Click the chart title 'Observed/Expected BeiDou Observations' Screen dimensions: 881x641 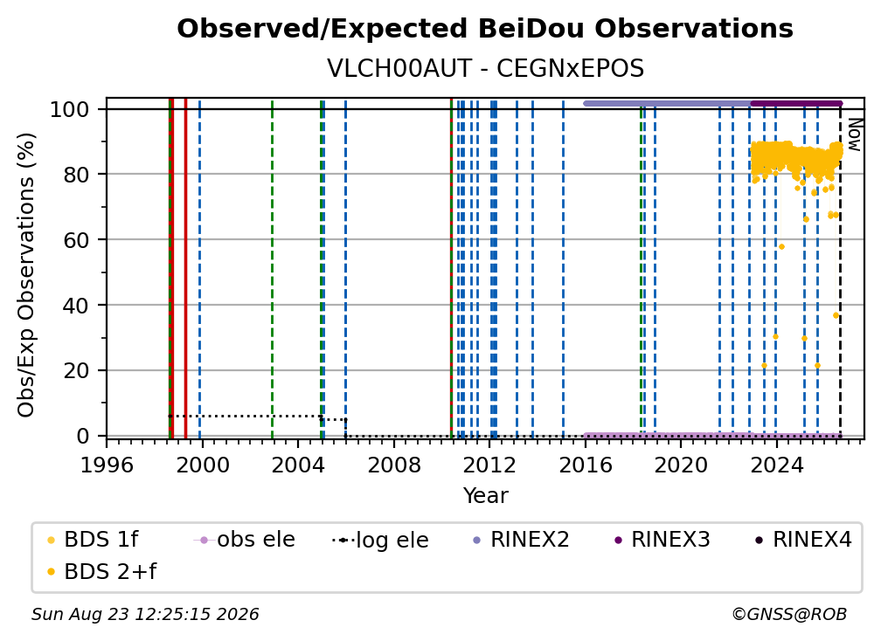click(485, 29)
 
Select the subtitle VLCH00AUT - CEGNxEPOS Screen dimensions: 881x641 click(485, 69)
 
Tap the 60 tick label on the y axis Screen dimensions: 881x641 click(76, 239)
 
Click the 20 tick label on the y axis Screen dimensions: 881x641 click(76, 370)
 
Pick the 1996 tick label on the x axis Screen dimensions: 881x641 click(107, 465)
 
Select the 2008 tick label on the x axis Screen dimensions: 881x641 click(394, 465)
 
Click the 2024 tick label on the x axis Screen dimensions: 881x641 click(776, 465)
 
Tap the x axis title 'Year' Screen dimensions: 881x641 click(485, 496)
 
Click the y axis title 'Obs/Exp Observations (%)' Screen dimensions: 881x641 click(26, 274)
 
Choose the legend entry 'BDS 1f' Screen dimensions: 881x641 click(93, 540)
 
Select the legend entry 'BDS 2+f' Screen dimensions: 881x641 click(101, 571)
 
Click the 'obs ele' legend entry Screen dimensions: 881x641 click(245, 540)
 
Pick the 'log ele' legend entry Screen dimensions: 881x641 click(380, 540)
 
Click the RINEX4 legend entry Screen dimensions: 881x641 click(803, 540)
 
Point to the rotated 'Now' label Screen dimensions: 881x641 click(854, 134)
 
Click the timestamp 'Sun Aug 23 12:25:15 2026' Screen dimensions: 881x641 click(145, 614)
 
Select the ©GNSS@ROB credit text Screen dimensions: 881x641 click(789, 614)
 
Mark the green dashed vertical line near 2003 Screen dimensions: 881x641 click(272, 269)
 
